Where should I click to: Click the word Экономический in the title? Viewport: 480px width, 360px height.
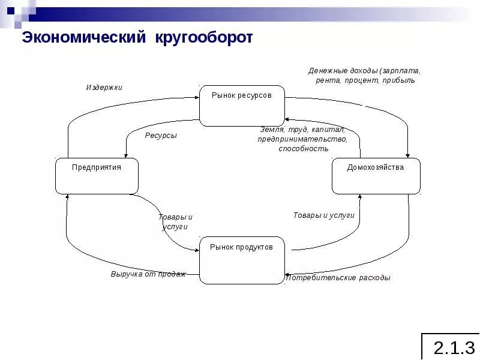(84, 38)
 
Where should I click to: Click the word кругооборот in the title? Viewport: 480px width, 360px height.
(204, 38)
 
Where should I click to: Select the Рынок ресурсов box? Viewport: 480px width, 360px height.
(242, 106)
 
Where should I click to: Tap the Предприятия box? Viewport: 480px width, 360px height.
(97, 176)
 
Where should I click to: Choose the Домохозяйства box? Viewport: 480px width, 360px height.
(376, 176)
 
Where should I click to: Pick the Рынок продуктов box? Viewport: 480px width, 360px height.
(241, 260)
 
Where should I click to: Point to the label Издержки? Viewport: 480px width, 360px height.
(104, 87)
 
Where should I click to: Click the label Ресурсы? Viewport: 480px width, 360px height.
(161, 136)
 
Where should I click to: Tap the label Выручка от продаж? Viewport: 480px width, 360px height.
(148, 274)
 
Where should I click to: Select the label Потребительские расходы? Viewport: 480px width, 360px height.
(338, 278)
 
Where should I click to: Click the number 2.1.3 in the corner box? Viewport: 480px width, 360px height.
(454, 347)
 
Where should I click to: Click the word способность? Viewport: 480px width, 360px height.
(304, 148)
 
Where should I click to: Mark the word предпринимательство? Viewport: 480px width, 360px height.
(303, 139)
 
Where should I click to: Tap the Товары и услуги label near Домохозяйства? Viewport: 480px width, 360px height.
(324, 215)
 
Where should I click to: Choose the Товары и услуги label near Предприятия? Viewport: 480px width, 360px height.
(175, 221)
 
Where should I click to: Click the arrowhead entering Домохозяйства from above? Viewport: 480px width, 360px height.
(407, 155)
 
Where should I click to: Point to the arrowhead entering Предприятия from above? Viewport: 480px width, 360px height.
(127, 155)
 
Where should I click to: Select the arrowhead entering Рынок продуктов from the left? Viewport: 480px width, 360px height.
(196, 251)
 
